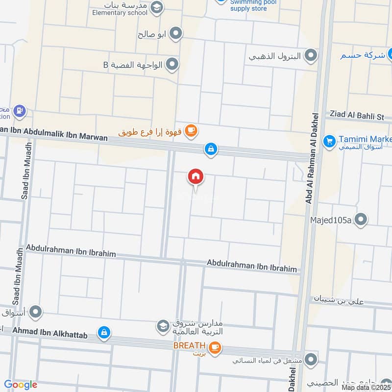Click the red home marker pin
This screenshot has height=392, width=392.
pyautogui.click(x=196, y=177)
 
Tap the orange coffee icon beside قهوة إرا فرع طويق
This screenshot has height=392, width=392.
pyautogui.click(x=191, y=131)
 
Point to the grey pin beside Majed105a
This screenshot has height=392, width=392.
pyautogui.click(x=361, y=220)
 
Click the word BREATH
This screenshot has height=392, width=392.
pyautogui.click(x=188, y=346)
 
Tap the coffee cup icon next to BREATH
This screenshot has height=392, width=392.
pyautogui.click(x=214, y=348)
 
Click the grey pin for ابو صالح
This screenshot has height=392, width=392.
pyautogui.click(x=176, y=34)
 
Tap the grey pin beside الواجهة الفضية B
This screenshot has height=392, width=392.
pyautogui.click(x=172, y=64)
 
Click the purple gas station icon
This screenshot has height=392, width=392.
pyautogui.click(x=20, y=111)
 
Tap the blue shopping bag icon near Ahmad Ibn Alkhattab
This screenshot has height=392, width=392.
pyautogui.click(x=103, y=333)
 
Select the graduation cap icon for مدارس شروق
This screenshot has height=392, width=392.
pyautogui.click(x=162, y=325)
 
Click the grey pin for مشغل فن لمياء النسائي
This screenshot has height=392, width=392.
pyautogui.click(x=310, y=361)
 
